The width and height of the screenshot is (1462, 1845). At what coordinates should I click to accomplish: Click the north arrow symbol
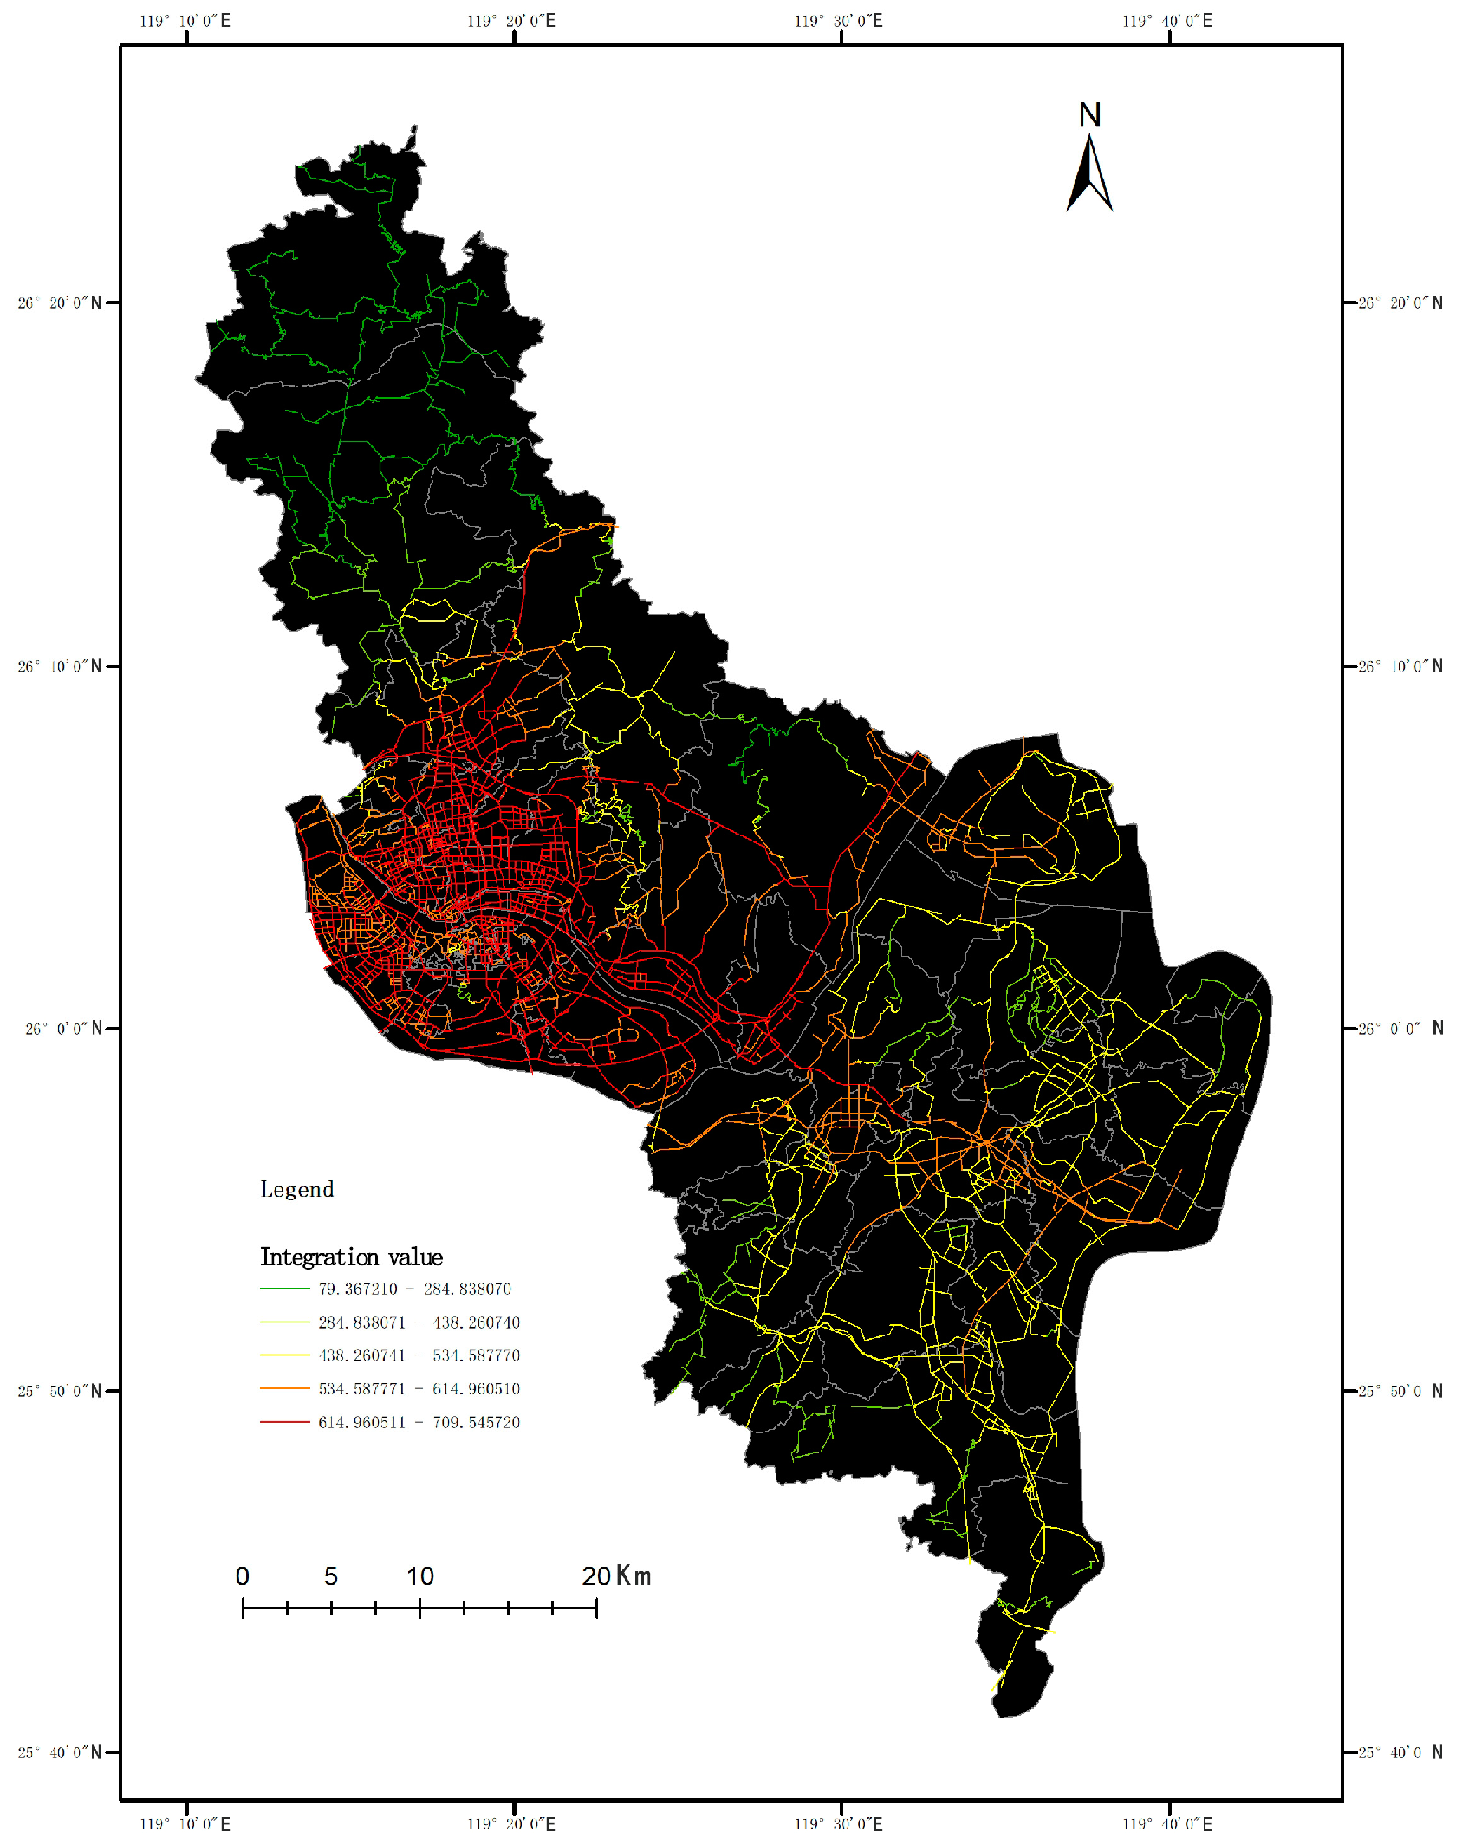click(1089, 174)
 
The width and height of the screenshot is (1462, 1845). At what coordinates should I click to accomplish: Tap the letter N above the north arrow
click(1089, 115)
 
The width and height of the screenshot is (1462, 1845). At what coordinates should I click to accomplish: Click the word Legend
click(296, 1189)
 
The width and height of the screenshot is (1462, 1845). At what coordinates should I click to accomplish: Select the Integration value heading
click(351, 1257)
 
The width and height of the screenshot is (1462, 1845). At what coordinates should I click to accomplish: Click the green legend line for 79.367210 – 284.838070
click(284, 1289)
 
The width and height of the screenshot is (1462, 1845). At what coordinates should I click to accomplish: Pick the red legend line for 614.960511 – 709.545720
click(284, 1422)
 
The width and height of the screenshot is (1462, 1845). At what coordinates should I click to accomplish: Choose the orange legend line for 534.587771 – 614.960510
click(284, 1388)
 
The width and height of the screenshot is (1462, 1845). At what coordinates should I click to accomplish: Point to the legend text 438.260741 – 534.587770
click(419, 1355)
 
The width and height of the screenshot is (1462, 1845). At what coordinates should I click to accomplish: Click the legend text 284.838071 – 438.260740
click(419, 1322)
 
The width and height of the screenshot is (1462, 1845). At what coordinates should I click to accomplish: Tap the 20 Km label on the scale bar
click(615, 1576)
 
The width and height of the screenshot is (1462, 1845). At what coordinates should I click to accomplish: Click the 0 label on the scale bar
click(243, 1576)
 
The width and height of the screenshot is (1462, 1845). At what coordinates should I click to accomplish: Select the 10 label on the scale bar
click(420, 1576)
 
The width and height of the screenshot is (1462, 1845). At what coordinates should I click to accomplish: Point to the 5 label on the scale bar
click(331, 1576)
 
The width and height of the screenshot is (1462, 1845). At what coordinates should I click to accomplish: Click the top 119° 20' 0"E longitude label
click(511, 21)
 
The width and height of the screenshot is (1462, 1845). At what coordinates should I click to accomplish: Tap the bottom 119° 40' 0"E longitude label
click(1167, 1824)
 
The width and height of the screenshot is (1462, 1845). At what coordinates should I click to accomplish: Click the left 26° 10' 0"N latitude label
click(60, 666)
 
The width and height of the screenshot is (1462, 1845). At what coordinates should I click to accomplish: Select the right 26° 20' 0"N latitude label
click(1400, 302)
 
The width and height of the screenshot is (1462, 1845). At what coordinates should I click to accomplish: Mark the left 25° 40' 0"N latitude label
click(60, 1752)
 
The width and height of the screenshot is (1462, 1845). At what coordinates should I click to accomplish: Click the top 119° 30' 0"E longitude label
click(839, 21)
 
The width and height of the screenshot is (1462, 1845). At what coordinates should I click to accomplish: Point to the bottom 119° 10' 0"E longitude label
click(185, 1824)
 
